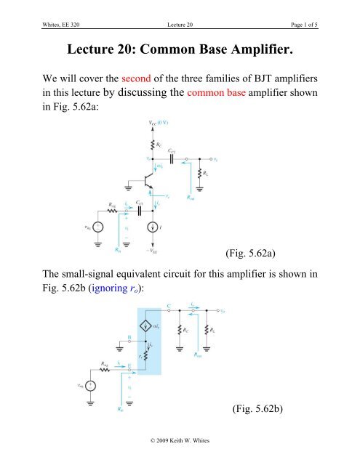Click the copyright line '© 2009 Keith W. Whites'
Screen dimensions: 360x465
tap(179, 458)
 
